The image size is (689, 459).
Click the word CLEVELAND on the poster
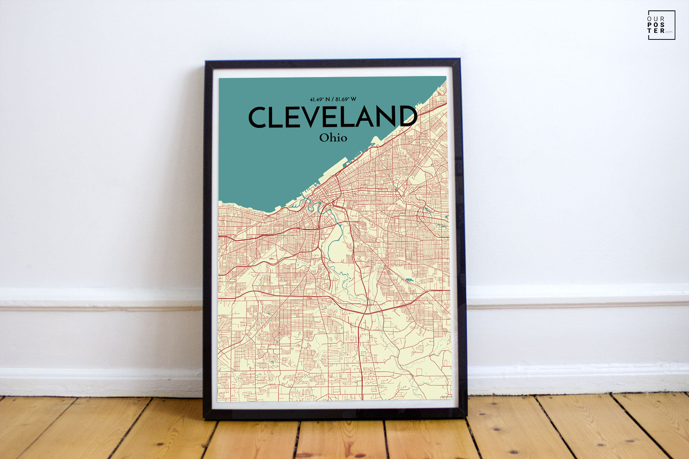333,117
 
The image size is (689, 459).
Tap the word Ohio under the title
333,138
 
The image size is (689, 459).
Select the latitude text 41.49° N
320,99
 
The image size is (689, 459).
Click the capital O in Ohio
324,138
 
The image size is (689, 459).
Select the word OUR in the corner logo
656,19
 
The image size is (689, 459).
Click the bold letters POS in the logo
656,25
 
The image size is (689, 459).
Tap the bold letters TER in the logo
656,31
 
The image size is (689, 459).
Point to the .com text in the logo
669,32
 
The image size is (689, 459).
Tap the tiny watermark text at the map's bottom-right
446,397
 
